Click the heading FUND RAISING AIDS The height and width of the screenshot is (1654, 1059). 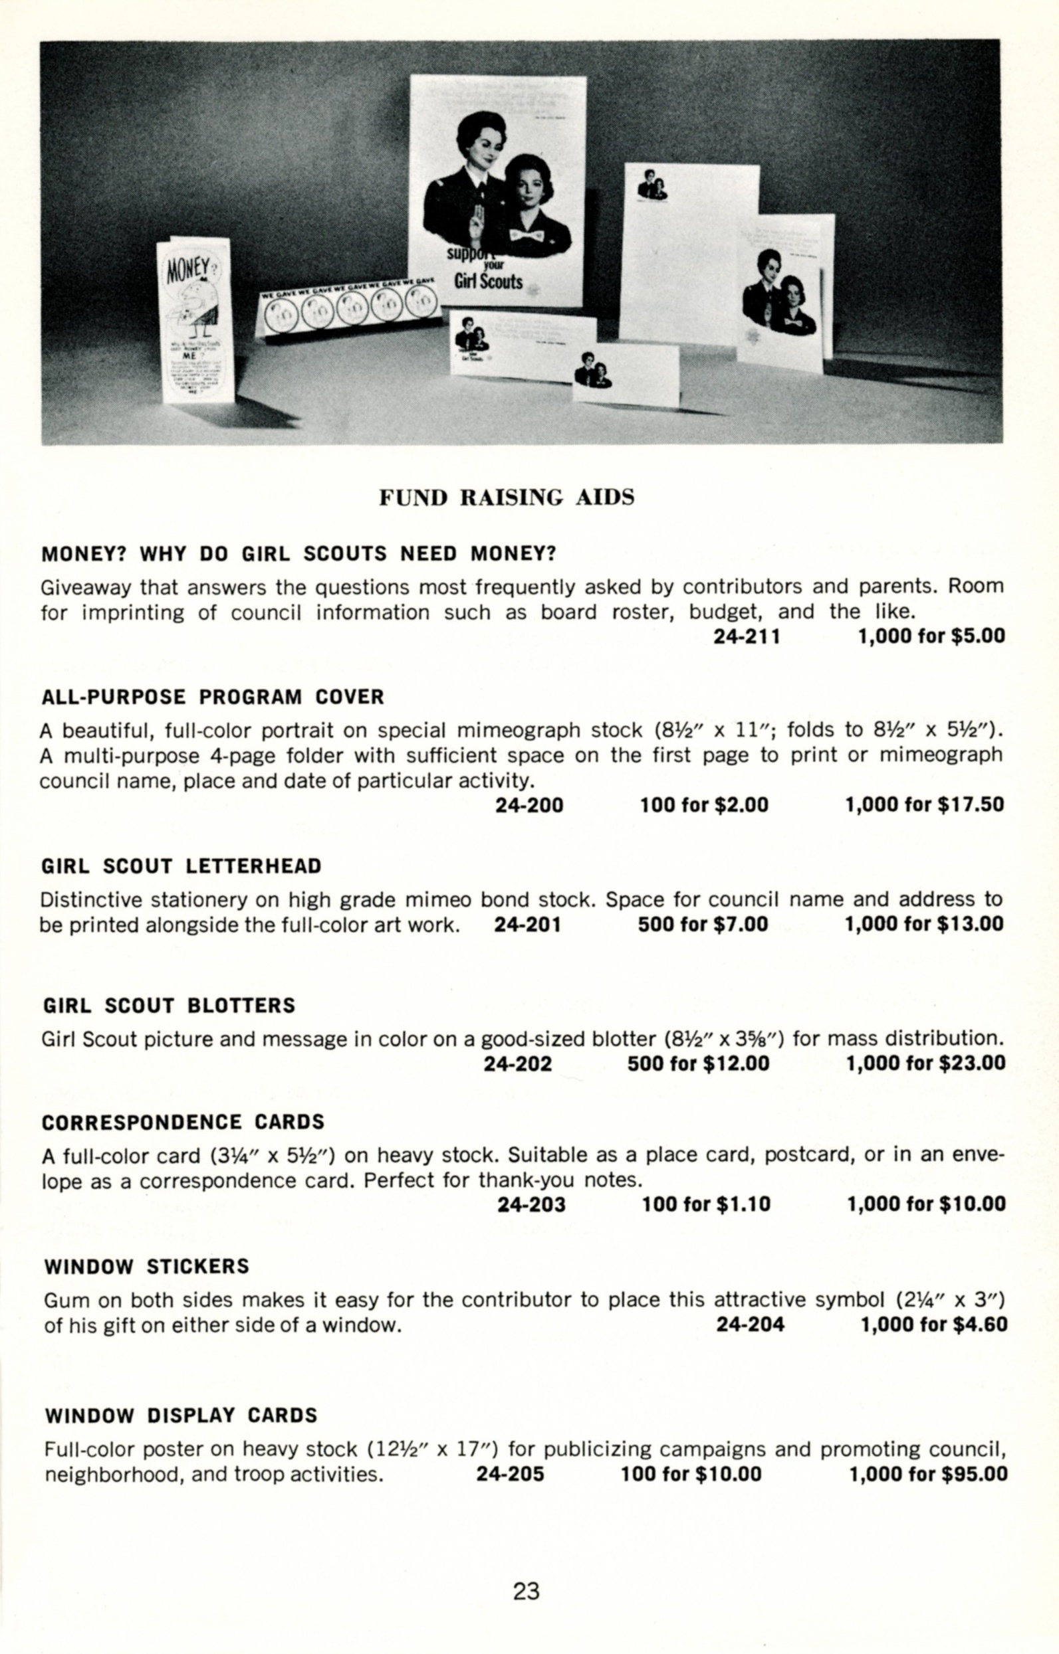tap(507, 498)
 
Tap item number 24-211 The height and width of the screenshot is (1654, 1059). tap(747, 636)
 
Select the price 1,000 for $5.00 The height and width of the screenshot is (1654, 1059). tap(931, 636)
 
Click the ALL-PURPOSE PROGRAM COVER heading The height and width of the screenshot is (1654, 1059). tap(212, 697)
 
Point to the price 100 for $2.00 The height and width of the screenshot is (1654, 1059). tap(703, 804)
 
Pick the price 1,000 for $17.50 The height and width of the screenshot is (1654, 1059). tap(924, 804)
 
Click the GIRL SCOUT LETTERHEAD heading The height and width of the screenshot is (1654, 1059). tap(181, 866)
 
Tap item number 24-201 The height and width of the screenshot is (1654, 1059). tap(527, 924)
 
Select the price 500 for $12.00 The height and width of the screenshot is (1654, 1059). tap(698, 1063)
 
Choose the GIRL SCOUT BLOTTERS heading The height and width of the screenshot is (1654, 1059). tap(169, 1005)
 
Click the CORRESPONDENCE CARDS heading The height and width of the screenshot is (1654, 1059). tap(183, 1122)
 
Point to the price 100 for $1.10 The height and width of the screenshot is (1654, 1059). tap(706, 1204)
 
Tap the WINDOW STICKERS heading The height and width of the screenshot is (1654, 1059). tap(146, 1267)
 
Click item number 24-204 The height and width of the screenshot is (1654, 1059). tap(751, 1324)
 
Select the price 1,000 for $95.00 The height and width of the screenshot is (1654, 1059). tap(928, 1474)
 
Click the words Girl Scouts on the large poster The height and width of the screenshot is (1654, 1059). tap(488, 282)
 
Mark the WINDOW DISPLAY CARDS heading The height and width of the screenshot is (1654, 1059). tap(181, 1416)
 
